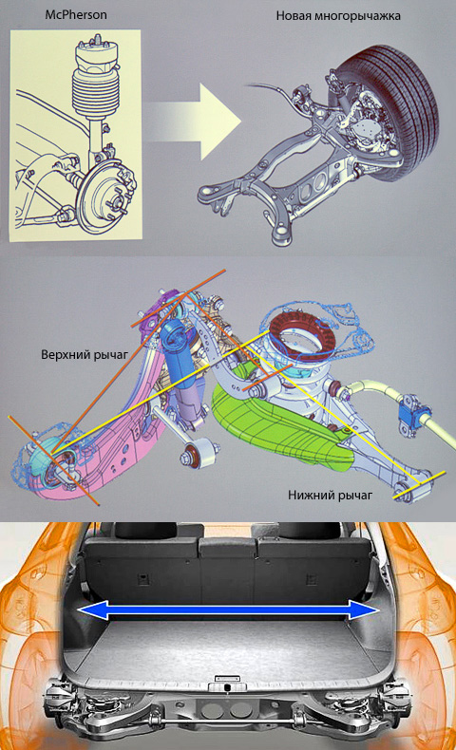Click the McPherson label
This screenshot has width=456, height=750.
(76, 14)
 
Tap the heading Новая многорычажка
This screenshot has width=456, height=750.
(338, 16)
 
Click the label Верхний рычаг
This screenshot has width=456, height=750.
(85, 355)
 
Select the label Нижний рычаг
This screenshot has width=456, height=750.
(330, 495)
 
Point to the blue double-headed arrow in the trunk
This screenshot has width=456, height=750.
(228, 610)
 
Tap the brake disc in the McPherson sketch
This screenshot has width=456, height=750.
(102, 197)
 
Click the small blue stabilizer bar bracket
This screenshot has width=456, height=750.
(412, 411)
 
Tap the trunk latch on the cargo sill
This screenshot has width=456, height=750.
(226, 686)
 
